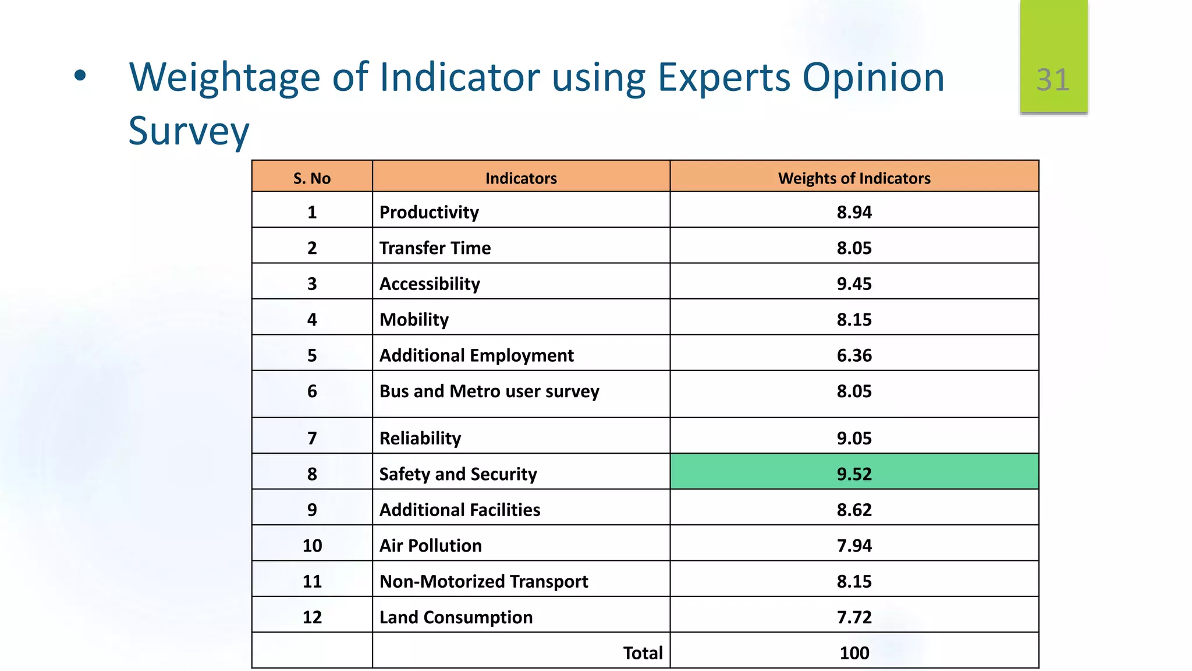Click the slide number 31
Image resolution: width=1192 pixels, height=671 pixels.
(1053, 80)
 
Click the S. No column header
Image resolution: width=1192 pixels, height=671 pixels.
(312, 178)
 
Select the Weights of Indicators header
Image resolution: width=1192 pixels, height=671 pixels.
(854, 178)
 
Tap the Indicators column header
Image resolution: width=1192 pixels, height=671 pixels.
(521, 178)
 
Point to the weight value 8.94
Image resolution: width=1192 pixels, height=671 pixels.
(854, 212)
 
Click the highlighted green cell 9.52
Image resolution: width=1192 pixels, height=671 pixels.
(854, 474)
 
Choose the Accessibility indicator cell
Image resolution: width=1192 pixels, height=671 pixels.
(430, 284)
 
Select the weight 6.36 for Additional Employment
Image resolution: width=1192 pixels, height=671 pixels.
(854, 355)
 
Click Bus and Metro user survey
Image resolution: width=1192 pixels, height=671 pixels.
(489, 391)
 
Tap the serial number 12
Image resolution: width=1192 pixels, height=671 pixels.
(312, 617)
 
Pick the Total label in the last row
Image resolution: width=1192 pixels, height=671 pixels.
(643, 653)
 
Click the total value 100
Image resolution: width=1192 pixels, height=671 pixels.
(854, 653)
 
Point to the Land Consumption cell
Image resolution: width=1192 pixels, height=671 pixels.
(456, 617)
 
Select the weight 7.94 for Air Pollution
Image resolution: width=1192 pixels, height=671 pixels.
(854, 545)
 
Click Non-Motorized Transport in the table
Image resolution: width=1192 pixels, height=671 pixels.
(483, 581)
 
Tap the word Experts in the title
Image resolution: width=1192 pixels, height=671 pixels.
(724, 77)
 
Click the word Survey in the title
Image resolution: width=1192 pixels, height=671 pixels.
(189, 131)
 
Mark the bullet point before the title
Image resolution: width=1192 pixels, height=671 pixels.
(80, 75)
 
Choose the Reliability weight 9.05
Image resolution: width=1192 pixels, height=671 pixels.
(854, 438)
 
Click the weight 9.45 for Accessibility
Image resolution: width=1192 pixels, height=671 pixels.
(854, 284)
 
